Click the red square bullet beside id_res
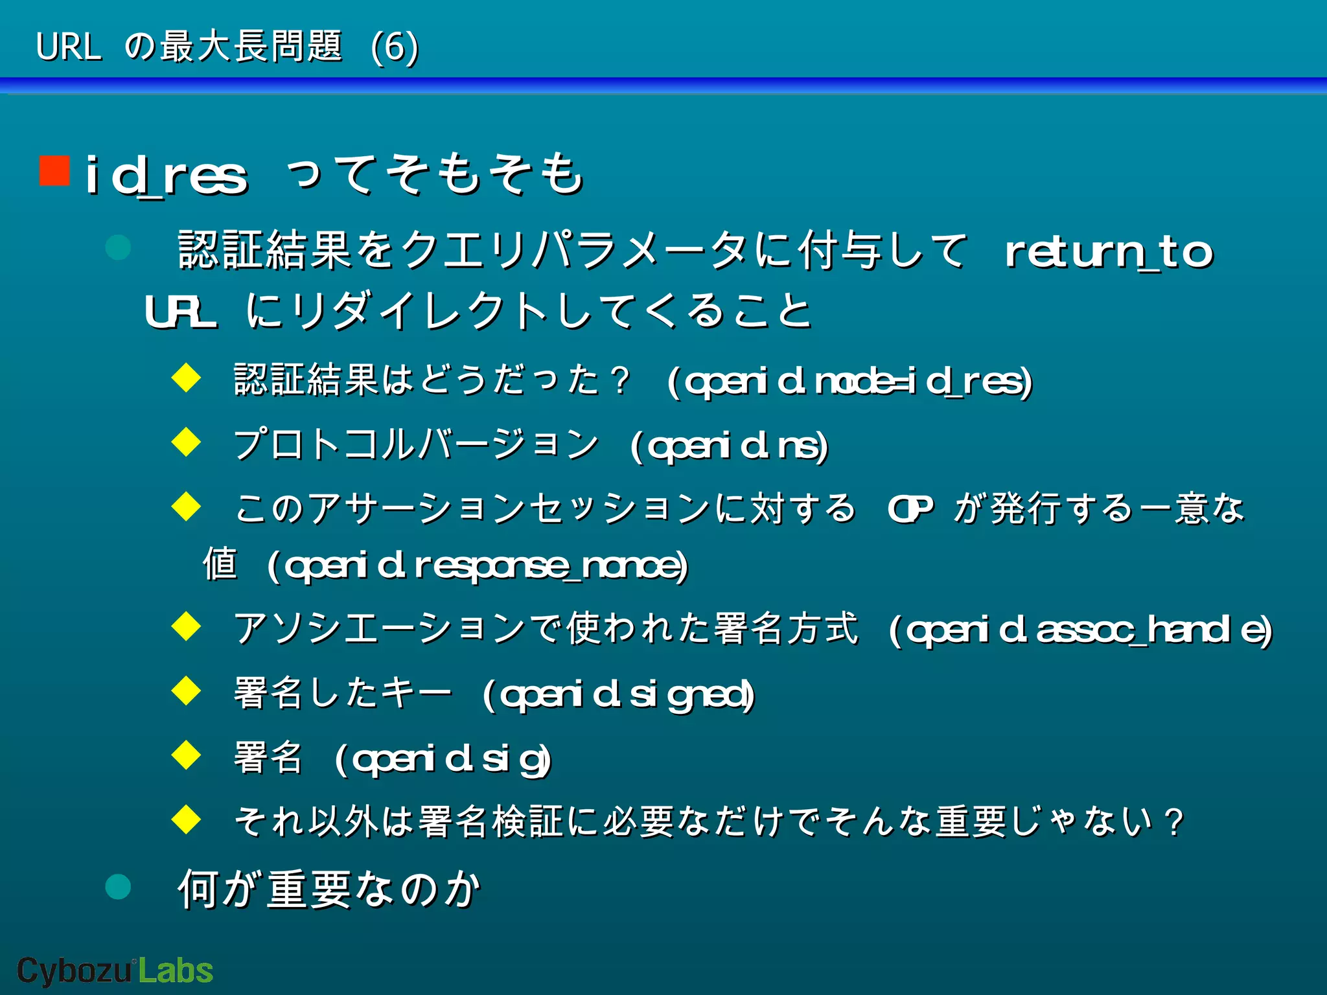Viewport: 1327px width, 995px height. click(x=54, y=170)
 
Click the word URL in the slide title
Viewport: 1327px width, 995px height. click(x=69, y=47)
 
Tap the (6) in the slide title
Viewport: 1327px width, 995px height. click(x=395, y=47)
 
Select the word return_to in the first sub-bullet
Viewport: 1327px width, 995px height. click(x=1109, y=252)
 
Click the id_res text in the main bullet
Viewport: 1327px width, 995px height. click(x=167, y=176)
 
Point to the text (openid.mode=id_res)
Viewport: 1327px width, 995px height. click(x=849, y=382)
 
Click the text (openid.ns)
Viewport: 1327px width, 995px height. click(x=729, y=446)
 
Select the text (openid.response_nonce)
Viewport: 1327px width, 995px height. click(x=478, y=566)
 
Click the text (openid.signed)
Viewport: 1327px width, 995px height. click(x=619, y=695)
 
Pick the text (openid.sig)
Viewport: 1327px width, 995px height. click(x=443, y=759)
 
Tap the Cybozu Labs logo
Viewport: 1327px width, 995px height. click(x=115, y=970)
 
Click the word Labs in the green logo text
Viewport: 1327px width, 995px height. click(x=176, y=970)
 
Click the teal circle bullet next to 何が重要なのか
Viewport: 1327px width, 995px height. click(x=118, y=887)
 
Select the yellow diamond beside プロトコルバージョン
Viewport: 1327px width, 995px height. click(x=187, y=442)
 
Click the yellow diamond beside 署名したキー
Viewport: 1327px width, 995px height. click(x=187, y=691)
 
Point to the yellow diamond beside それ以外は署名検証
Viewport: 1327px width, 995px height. click(x=187, y=819)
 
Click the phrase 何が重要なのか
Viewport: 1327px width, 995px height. click(x=329, y=889)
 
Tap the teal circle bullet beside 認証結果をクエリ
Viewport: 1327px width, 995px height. click(x=118, y=247)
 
